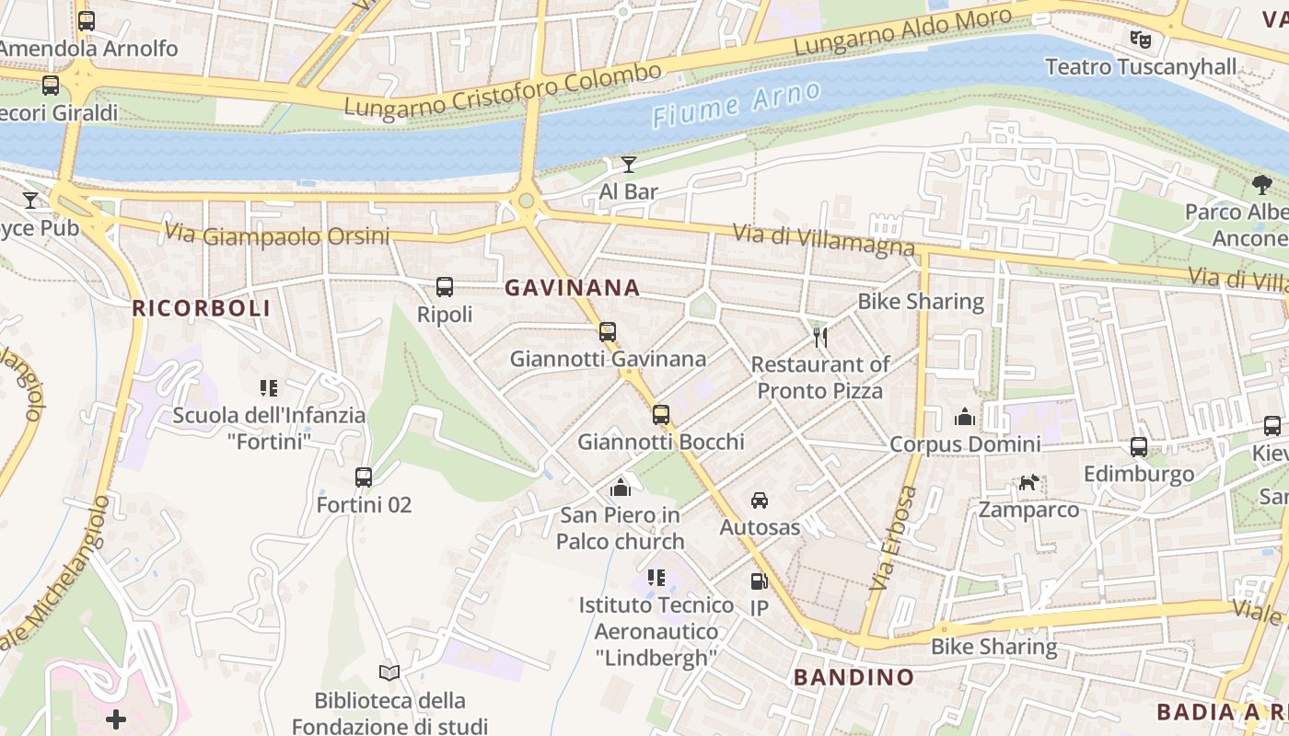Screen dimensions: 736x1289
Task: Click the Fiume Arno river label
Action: (x=736, y=103)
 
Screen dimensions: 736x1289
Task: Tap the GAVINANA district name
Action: (x=572, y=288)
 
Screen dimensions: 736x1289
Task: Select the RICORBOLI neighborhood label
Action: (x=202, y=308)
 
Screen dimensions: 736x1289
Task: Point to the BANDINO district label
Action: (x=854, y=678)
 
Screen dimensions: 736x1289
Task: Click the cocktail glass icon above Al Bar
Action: (x=629, y=165)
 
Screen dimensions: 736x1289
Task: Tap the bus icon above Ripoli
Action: (x=445, y=287)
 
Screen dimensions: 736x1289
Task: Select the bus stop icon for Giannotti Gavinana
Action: (x=608, y=332)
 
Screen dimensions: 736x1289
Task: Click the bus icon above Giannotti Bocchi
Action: (x=661, y=415)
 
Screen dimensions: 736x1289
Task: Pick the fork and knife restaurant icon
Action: (x=820, y=338)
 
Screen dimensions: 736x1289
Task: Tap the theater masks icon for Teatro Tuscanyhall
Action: (x=1141, y=40)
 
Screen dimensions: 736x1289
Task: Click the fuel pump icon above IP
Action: (x=759, y=581)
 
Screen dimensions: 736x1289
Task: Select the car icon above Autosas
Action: (x=760, y=500)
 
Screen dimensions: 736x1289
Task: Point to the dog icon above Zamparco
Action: (x=1028, y=482)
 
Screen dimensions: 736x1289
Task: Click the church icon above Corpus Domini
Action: (x=965, y=417)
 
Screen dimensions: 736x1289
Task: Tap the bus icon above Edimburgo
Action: (x=1139, y=447)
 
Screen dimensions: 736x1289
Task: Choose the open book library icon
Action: (x=390, y=673)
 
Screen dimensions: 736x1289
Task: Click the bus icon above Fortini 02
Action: (x=364, y=477)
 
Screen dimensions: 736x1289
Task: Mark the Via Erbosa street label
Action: (x=892, y=538)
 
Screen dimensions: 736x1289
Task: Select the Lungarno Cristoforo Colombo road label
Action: (x=503, y=89)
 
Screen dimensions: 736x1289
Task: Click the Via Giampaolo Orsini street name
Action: (x=276, y=236)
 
